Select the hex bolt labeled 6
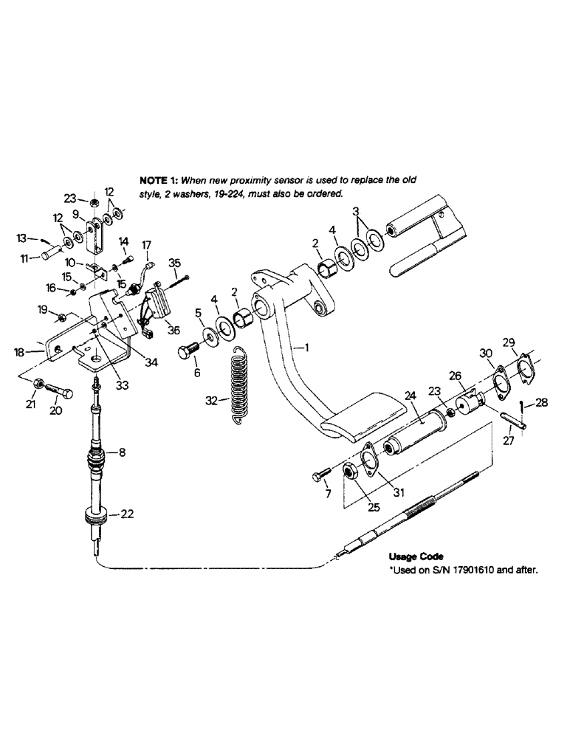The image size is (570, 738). (188, 351)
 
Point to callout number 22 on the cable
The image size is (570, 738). (128, 515)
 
